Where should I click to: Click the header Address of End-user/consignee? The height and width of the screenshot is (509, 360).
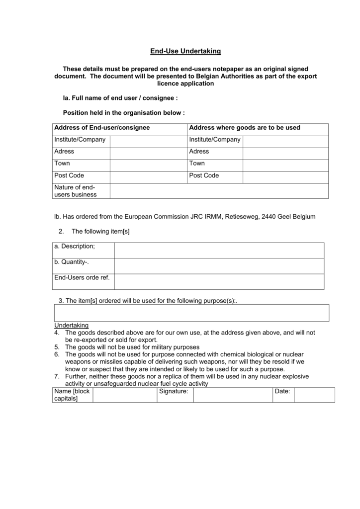pos(102,128)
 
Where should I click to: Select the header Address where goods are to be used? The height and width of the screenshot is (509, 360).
pos(245,128)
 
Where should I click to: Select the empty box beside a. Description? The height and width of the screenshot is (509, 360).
pos(219,251)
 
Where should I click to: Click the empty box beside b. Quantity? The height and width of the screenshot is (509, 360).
pos(219,266)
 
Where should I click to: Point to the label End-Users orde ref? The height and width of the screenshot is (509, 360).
pos(82,278)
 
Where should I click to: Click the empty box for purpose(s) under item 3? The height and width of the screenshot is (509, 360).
pos(191,313)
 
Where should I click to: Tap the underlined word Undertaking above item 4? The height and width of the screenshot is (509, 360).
pos(71,325)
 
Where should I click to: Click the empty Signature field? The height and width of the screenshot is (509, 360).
pos(232,395)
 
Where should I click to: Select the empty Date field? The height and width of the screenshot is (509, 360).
pos(314,395)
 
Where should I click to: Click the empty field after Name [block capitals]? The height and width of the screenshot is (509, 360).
pos(124,395)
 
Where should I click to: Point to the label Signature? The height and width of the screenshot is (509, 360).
pos(174,392)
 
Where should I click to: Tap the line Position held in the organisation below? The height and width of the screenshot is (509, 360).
pos(124,113)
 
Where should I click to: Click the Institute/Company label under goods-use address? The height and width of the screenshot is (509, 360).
pos(215,140)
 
